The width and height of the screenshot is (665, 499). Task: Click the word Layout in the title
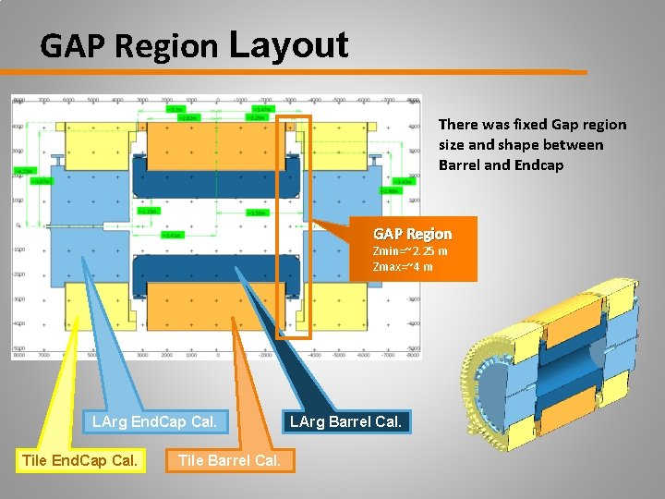pyautogui.click(x=287, y=44)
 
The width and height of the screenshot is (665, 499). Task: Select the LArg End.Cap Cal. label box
pyautogui.click(x=154, y=422)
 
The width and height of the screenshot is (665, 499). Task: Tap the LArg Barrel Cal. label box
pyautogui.click(x=345, y=422)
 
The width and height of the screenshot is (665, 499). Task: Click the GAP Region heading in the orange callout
pyautogui.click(x=412, y=234)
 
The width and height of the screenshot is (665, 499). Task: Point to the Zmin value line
pyautogui.click(x=409, y=250)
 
